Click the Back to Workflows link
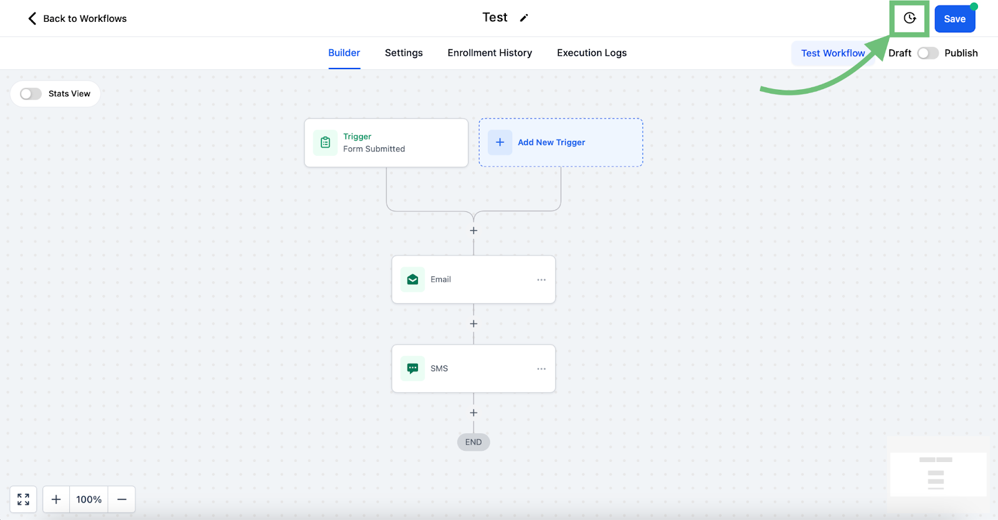[x=77, y=18]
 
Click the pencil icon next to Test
[x=524, y=18]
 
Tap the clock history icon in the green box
[x=909, y=18]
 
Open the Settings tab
[x=404, y=52]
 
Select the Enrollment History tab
[x=490, y=52]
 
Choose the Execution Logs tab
[x=592, y=52]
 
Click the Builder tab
[x=344, y=52]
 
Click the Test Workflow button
[x=833, y=53]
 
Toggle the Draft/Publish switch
[x=928, y=53]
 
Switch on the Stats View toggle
[x=31, y=94]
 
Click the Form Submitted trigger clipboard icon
[x=325, y=142]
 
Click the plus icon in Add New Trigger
[x=500, y=142]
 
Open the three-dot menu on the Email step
[x=541, y=279]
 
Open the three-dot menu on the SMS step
[x=541, y=368]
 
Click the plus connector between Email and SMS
[x=473, y=324]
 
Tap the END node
[x=473, y=442]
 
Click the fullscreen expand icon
[x=23, y=499]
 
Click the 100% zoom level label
[x=89, y=499]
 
